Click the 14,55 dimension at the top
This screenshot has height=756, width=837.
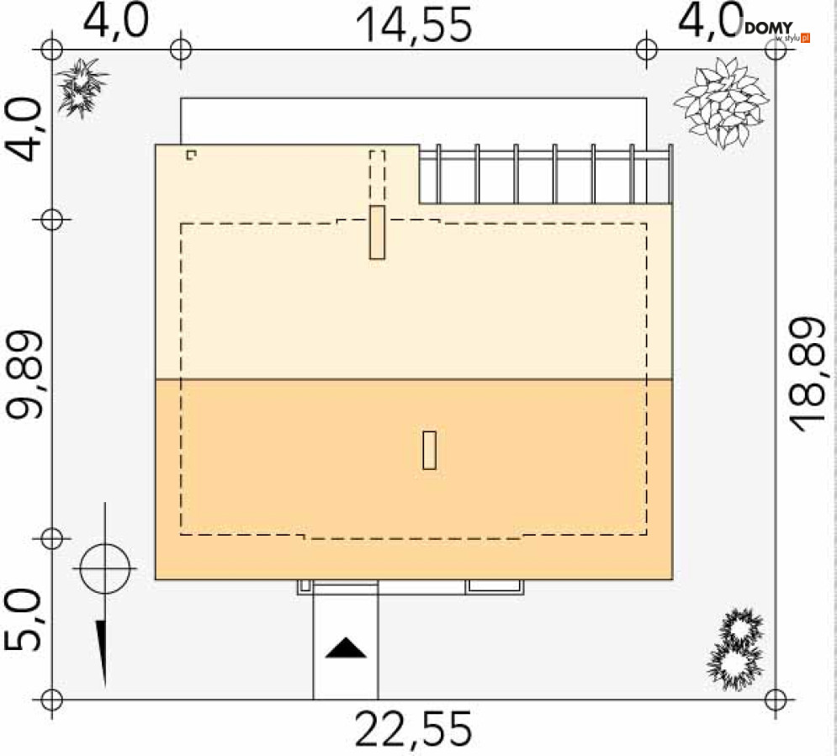[x=414, y=25]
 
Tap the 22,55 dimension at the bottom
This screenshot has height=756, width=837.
[x=414, y=729]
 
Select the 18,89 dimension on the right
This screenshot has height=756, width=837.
[x=807, y=374]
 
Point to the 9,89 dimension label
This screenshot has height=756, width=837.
[x=24, y=374]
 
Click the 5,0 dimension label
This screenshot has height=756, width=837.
[x=23, y=620]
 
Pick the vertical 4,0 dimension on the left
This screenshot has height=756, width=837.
[x=24, y=130]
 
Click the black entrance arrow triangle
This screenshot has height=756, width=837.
[x=346, y=648]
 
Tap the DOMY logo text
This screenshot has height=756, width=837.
[x=769, y=29]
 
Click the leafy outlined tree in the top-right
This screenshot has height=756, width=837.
[x=721, y=103]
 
